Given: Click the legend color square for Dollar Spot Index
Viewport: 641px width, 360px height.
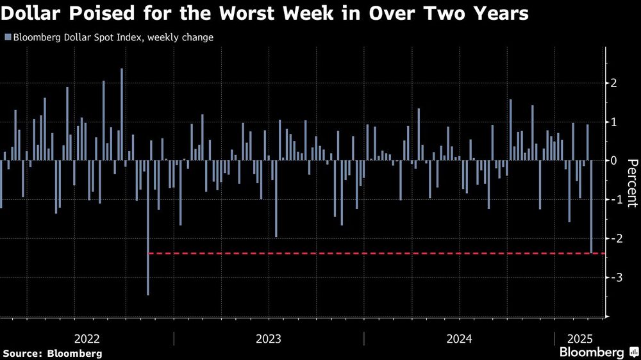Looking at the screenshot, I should click(x=7, y=38).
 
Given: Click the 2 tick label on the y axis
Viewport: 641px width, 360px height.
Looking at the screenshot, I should click(x=613, y=83).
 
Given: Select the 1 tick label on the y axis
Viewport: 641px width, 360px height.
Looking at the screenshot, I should click(x=613, y=122).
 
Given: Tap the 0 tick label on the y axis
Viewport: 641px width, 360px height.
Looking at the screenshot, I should click(x=613, y=161).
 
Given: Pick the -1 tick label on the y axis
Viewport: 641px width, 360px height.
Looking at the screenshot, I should click(x=612, y=200).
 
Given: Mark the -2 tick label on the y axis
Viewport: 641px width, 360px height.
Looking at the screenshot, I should click(x=612, y=238).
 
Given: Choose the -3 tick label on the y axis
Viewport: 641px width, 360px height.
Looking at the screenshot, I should click(x=612, y=277).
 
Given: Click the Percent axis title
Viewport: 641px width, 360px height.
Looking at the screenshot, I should click(x=632, y=183).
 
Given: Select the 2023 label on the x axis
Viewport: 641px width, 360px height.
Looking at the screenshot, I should click(x=268, y=338).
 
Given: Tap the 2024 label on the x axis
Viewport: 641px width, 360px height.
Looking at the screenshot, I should click(x=459, y=338).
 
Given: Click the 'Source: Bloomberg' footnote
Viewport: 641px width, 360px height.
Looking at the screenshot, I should click(x=53, y=353).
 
